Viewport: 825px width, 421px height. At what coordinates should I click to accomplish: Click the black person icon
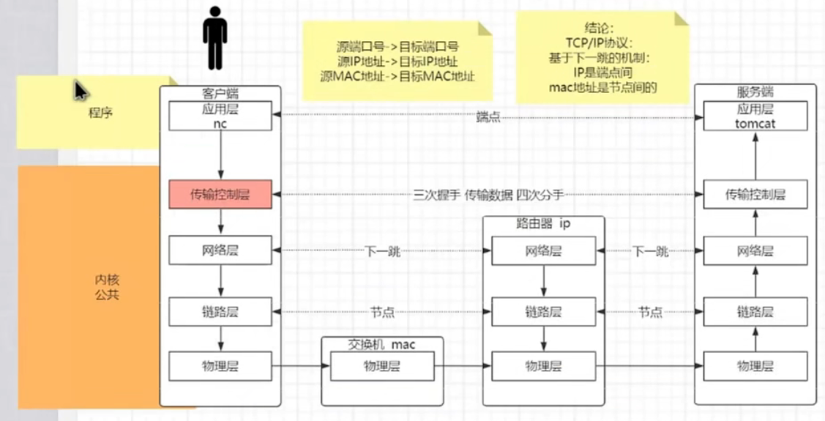(x=214, y=38)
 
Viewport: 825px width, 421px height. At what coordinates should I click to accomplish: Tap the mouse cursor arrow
(x=81, y=91)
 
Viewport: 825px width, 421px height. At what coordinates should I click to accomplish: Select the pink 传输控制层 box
(x=220, y=194)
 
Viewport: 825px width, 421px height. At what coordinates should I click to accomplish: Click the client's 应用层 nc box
(x=220, y=116)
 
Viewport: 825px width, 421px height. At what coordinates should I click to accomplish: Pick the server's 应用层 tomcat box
(x=755, y=116)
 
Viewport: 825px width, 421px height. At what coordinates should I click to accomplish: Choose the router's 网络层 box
(x=542, y=251)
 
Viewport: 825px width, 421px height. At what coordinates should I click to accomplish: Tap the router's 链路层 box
(x=542, y=312)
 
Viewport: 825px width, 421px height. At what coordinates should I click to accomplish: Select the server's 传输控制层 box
(x=755, y=195)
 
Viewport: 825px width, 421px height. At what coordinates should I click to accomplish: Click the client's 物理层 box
(x=220, y=366)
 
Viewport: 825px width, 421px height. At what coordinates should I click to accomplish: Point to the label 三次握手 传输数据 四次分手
(x=488, y=195)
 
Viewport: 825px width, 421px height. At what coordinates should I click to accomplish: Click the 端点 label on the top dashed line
(x=488, y=116)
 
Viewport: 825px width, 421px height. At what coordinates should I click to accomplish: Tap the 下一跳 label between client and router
(x=382, y=252)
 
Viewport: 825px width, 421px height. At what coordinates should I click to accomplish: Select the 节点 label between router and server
(x=650, y=313)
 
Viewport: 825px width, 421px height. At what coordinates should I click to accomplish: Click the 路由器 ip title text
(x=543, y=223)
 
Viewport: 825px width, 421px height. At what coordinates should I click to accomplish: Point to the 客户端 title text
(x=220, y=93)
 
